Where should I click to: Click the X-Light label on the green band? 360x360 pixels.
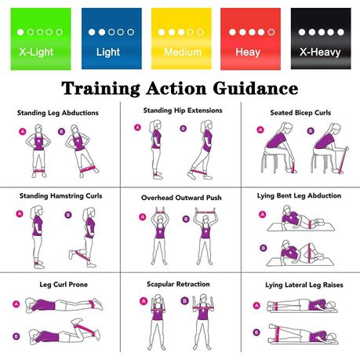tap(36, 52)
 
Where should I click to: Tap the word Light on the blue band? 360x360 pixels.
tap(108, 52)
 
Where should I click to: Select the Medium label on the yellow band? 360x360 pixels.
tap(183, 52)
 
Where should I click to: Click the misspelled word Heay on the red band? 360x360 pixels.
tap(248, 52)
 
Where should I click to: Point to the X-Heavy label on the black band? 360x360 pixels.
tap(320, 52)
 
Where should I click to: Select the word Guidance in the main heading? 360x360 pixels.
tap(256, 88)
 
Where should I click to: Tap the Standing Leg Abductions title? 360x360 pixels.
tap(58, 113)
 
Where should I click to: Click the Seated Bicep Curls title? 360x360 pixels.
tap(300, 113)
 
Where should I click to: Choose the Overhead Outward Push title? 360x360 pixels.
tap(181, 198)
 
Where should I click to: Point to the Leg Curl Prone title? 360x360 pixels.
tap(64, 285)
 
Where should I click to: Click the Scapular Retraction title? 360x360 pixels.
tap(178, 284)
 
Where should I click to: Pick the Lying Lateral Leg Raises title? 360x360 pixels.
tap(304, 285)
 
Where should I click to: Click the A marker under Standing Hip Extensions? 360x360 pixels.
tap(137, 127)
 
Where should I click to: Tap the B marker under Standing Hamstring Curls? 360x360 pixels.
tap(68, 215)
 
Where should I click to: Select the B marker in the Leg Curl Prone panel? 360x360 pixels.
tap(16, 336)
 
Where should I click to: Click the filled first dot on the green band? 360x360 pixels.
tap(20, 32)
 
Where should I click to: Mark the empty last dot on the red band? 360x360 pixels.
tap(271, 32)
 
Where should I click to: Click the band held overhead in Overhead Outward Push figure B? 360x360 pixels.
tap(205, 212)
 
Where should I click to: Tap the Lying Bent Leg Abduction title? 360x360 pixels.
tap(299, 196)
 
